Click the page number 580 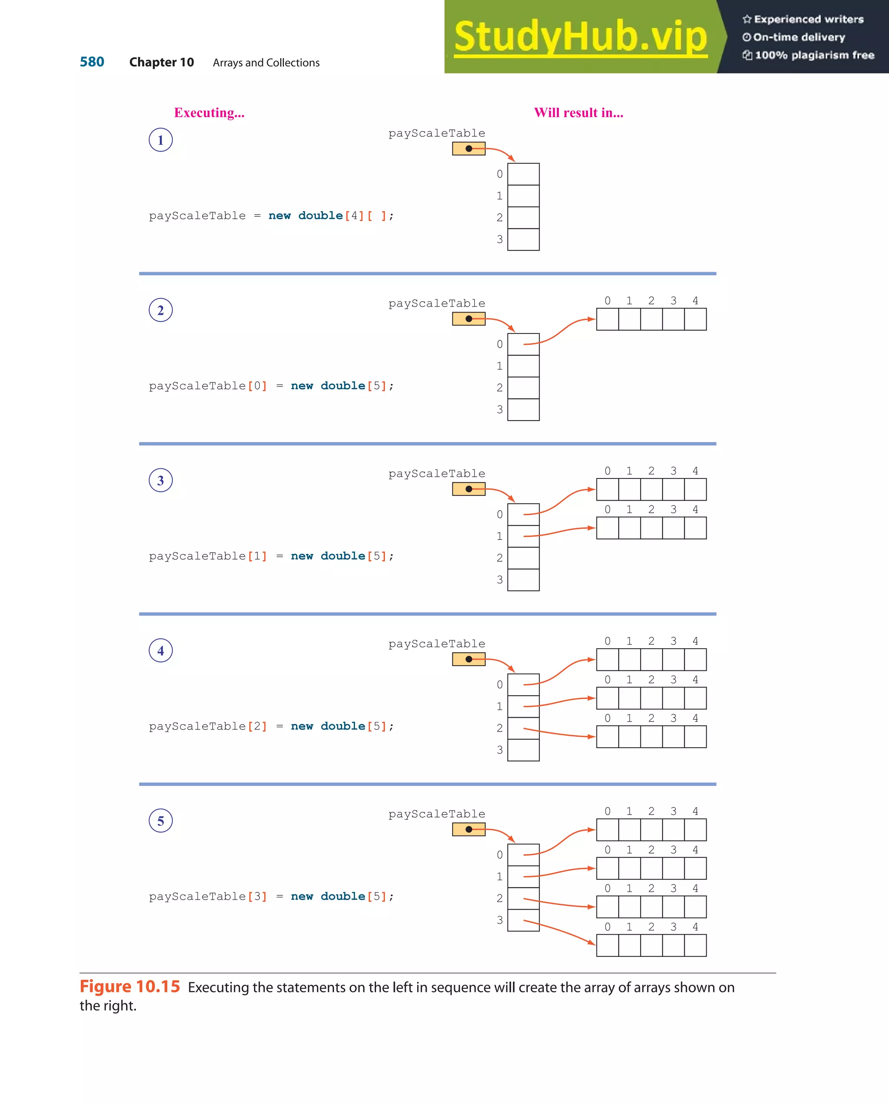coord(92,62)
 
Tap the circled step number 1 coord(160,140)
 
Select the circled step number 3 coord(160,480)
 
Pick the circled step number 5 coord(160,821)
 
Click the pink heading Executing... coord(209,113)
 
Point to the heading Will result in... coord(579,113)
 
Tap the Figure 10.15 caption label coord(130,986)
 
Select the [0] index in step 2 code coord(257,386)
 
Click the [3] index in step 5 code coord(257,897)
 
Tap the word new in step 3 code coord(302,556)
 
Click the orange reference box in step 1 coord(468,148)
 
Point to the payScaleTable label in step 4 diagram coord(437,644)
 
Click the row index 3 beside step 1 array coord(500,239)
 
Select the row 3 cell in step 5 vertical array coord(523,920)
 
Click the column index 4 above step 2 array coord(695,301)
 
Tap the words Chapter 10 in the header coord(161,63)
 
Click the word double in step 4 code coord(343,726)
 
